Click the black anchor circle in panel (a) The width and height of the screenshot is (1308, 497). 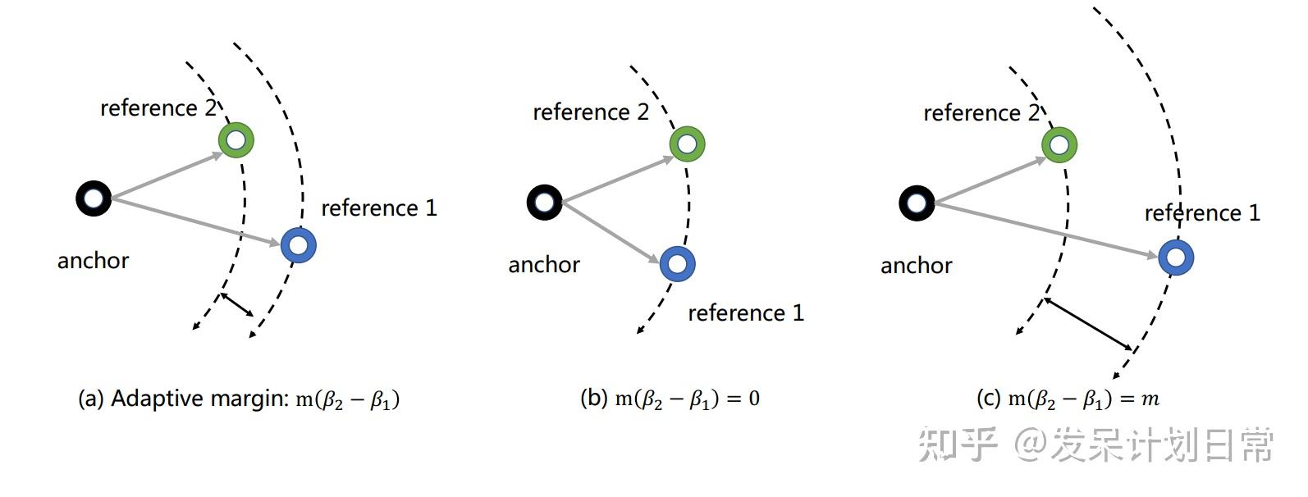point(94,198)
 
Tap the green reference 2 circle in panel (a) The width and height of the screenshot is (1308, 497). point(236,139)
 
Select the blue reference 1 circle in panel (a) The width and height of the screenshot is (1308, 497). point(298,244)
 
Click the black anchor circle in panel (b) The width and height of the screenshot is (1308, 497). point(544,202)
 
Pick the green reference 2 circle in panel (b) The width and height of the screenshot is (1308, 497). point(687,144)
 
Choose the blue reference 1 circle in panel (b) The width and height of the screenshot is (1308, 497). point(677,264)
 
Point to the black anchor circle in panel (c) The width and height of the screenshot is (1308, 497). point(917,203)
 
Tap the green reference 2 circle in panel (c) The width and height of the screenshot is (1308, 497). point(1059,145)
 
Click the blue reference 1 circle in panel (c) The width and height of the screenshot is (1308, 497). point(1176,258)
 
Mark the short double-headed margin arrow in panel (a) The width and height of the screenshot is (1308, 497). point(237,304)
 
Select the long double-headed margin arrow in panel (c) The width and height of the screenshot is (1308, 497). point(1088,325)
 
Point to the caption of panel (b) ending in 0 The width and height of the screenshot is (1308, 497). point(670,399)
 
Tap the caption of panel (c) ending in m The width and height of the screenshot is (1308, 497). point(1067,399)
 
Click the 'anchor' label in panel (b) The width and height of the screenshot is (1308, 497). point(544,265)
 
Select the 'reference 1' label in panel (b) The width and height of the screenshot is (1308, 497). point(745,313)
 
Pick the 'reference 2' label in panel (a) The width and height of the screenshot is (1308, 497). point(158,108)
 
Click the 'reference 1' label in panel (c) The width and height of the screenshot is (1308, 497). point(1202,213)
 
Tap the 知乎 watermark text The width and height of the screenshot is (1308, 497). point(957,445)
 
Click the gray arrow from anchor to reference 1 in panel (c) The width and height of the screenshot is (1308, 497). point(1046,230)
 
